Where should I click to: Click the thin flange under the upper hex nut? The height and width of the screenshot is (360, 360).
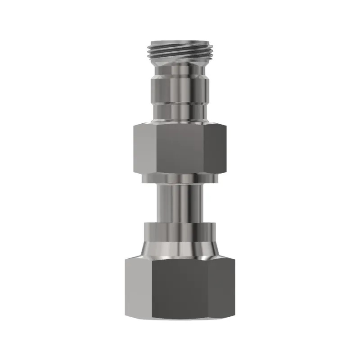point(180,179)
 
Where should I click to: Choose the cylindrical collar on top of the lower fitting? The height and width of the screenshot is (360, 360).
point(180,232)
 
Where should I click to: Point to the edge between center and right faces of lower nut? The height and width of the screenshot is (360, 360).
point(210,288)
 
